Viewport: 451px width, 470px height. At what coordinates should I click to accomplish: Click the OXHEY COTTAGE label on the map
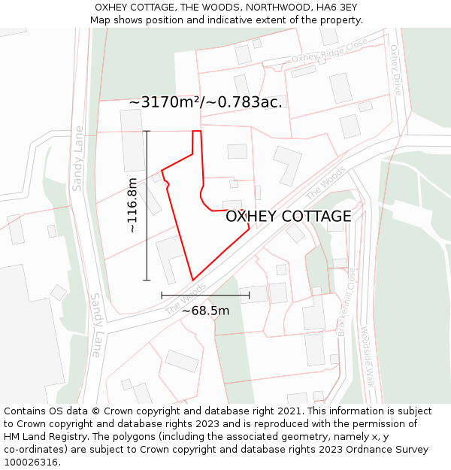[x=288, y=217]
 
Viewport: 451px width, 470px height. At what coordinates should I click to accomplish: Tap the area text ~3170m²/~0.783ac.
[x=205, y=102]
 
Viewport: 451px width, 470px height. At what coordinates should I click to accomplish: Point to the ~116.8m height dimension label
[x=132, y=205]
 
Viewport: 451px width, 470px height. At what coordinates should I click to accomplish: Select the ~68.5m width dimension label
[x=205, y=311]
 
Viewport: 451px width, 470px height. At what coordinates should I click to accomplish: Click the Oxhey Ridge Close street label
[x=329, y=56]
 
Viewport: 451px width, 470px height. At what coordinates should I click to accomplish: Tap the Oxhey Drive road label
[x=395, y=69]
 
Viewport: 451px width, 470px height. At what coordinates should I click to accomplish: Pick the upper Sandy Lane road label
[x=77, y=157]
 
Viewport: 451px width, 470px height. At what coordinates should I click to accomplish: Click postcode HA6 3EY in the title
[x=335, y=7]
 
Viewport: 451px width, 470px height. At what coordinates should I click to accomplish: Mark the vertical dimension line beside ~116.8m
[x=147, y=205]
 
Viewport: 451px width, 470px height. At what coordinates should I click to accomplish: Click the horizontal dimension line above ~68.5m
[x=205, y=296]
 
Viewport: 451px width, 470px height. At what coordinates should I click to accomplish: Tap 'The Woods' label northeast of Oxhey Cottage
[x=325, y=183]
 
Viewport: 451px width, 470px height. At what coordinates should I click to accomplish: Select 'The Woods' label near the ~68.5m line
[x=185, y=299]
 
